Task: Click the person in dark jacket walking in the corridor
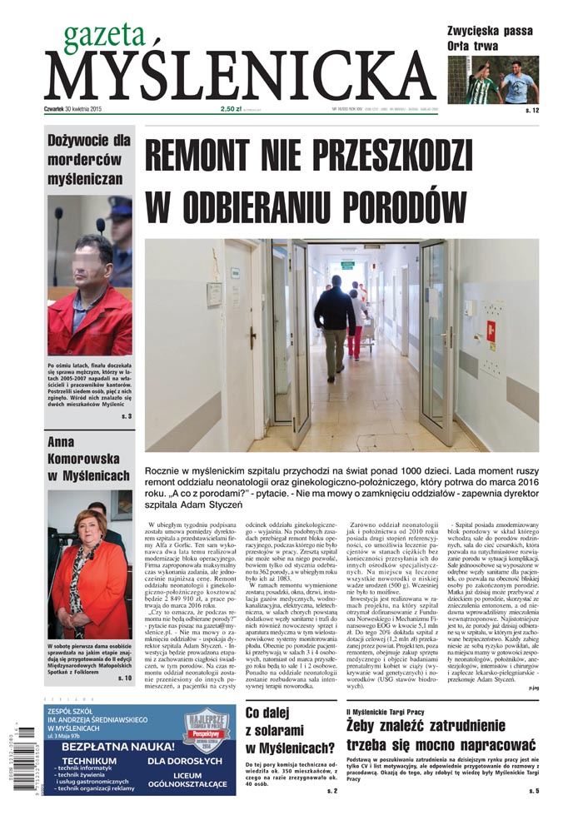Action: [x=335, y=321]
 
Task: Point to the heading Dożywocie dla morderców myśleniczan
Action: [x=88, y=159]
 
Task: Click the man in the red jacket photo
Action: [x=88, y=287]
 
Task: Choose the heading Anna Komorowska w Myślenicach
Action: [x=88, y=459]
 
